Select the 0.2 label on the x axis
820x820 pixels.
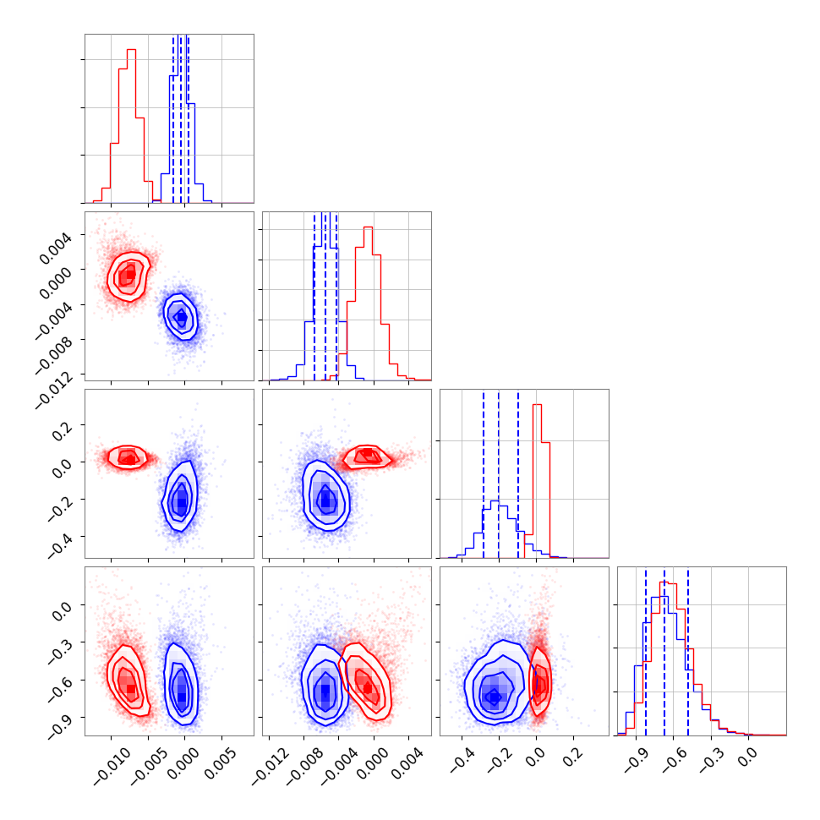tap(571, 755)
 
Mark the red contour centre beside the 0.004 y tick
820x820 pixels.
tap(127, 275)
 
